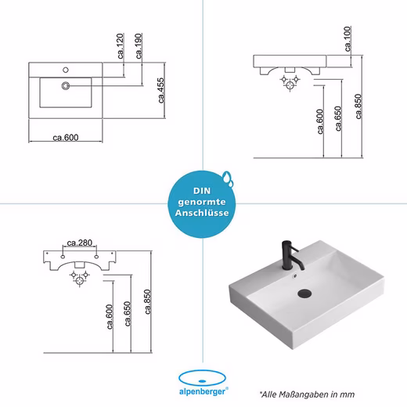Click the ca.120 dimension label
(x=121, y=46)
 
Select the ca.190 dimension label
(x=139, y=46)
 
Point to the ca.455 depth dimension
(x=161, y=90)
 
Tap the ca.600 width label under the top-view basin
(x=66, y=138)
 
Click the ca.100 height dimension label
(x=348, y=39)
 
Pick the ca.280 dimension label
(x=80, y=243)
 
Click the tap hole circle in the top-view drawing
(x=66, y=70)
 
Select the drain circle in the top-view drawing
(x=66, y=85)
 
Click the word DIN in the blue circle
(x=202, y=191)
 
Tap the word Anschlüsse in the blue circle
(x=202, y=213)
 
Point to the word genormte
(x=202, y=202)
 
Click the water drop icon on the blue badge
(x=228, y=178)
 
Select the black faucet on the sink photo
(x=291, y=255)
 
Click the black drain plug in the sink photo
(x=304, y=293)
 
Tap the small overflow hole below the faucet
(x=295, y=275)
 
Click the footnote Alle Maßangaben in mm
(x=307, y=394)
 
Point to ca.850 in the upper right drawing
(x=358, y=106)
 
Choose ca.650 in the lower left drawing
(x=128, y=314)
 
